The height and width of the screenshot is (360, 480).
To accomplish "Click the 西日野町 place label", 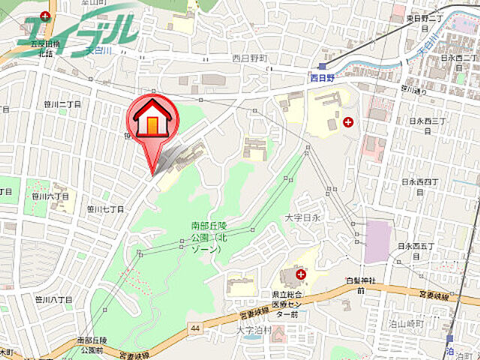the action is click(x=250, y=58).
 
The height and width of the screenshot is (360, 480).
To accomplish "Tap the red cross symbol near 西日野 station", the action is click(x=348, y=121).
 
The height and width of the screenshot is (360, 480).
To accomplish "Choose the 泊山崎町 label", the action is click(x=407, y=324).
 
